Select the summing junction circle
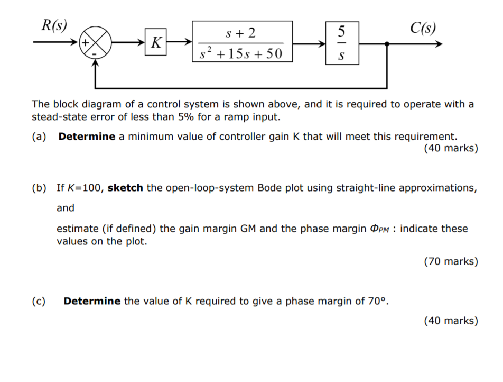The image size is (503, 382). pyautogui.click(x=95, y=42)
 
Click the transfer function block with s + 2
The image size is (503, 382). pyautogui.click(x=242, y=42)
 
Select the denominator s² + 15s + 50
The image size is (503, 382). pyautogui.click(x=241, y=53)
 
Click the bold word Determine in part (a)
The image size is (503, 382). pyautogui.click(x=87, y=137)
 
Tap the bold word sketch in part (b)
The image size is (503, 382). pyautogui.click(x=125, y=188)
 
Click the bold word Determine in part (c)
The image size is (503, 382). pyautogui.click(x=92, y=301)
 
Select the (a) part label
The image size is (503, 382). pyautogui.click(x=39, y=137)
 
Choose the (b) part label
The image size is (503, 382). pyautogui.click(x=39, y=188)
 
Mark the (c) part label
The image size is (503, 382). pyautogui.click(x=39, y=301)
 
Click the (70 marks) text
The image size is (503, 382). pyautogui.click(x=451, y=261)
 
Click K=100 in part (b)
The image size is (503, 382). pyautogui.click(x=87, y=188)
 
